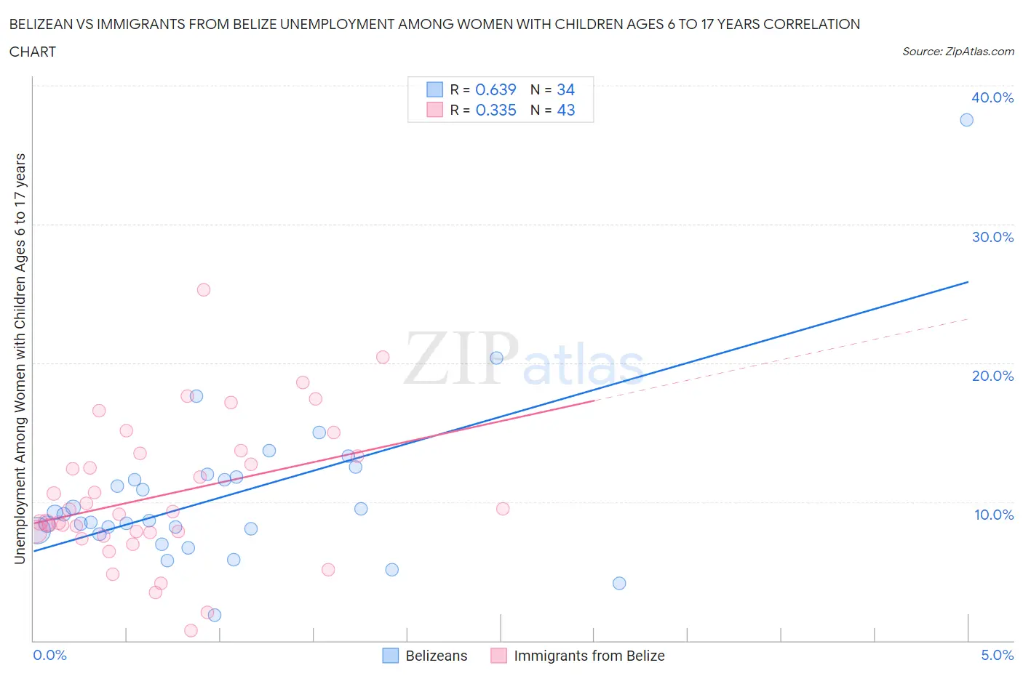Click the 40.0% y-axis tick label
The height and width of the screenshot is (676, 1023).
[x=992, y=97]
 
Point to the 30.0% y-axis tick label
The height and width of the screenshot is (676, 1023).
[x=992, y=237]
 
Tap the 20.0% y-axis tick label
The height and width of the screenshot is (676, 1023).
[x=992, y=376]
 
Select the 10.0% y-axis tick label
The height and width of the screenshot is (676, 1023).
[x=994, y=515]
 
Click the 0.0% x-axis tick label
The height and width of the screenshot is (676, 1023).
[x=49, y=655]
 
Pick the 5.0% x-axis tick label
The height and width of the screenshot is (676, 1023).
[x=997, y=655]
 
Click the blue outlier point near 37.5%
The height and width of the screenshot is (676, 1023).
[x=966, y=120]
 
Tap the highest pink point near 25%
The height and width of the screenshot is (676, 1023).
[x=204, y=290]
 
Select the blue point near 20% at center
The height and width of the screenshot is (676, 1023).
[x=496, y=358]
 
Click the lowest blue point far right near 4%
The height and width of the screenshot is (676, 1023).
[x=619, y=583]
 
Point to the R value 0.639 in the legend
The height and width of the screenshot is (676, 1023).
[x=495, y=89]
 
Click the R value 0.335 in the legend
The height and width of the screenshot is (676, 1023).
[x=495, y=110]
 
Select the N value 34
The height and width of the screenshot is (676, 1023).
[x=565, y=89]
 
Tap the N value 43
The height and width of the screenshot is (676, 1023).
[x=565, y=110]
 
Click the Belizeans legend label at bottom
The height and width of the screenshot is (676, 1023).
[x=436, y=656]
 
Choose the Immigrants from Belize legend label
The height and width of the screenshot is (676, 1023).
[x=589, y=656]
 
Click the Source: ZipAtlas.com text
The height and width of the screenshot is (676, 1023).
[x=958, y=52]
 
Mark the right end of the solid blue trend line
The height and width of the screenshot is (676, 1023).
[x=968, y=282]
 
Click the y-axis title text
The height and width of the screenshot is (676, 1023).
[x=20, y=359]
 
